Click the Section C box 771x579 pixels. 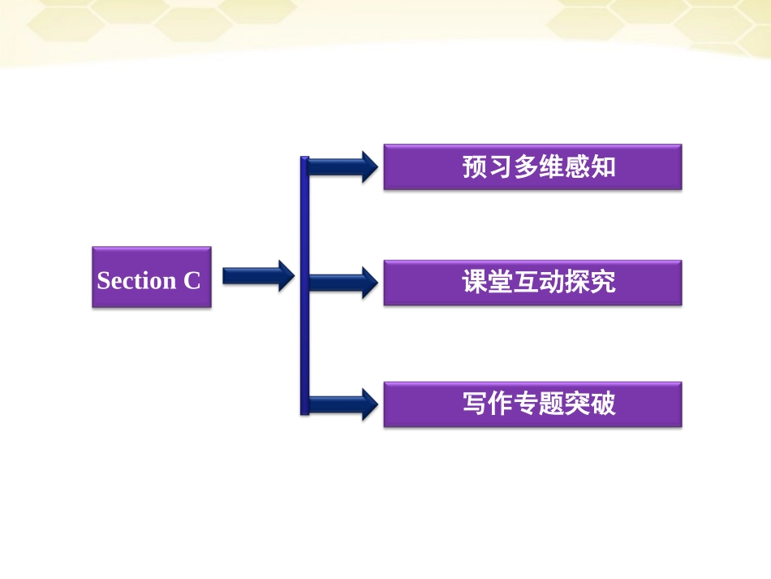(152, 277)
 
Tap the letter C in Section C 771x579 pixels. (192, 280)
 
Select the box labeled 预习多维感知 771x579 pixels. (532, 167)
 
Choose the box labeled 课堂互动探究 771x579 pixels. (532, 283)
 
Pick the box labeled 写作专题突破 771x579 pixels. (532, 404)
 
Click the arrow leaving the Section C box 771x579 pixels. (257, 276)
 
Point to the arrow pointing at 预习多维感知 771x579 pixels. (342, 167)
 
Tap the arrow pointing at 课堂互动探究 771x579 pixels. (342, 283)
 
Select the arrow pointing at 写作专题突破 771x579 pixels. (342, 404)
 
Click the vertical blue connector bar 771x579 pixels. (304, 284)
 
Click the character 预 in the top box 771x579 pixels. (475, 167)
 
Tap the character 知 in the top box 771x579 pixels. (603, 167)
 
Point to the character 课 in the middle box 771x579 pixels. (475, 283)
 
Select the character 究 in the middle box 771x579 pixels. (603, 283)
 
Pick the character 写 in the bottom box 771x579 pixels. (475, 404)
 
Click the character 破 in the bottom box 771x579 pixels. (603, 404)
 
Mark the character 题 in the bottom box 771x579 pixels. (552, 404)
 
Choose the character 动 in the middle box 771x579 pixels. (552, 283)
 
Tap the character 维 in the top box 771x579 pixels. (552, 167)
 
